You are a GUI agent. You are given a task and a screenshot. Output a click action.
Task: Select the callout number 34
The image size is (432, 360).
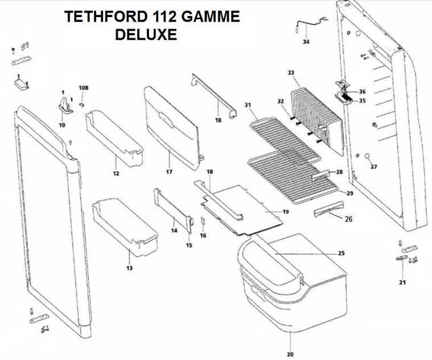306,42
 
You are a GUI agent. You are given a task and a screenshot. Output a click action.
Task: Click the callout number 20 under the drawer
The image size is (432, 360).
290,354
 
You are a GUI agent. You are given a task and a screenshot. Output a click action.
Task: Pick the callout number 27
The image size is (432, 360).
373,167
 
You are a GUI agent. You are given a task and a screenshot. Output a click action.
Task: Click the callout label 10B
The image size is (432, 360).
84,88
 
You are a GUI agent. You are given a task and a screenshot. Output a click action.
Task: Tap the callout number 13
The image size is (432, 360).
130,268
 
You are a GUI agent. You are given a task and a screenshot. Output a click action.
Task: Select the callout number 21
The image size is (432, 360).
402,283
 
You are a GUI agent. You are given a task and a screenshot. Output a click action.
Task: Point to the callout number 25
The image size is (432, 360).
342,253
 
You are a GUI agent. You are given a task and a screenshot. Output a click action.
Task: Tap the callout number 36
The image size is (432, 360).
363,92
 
